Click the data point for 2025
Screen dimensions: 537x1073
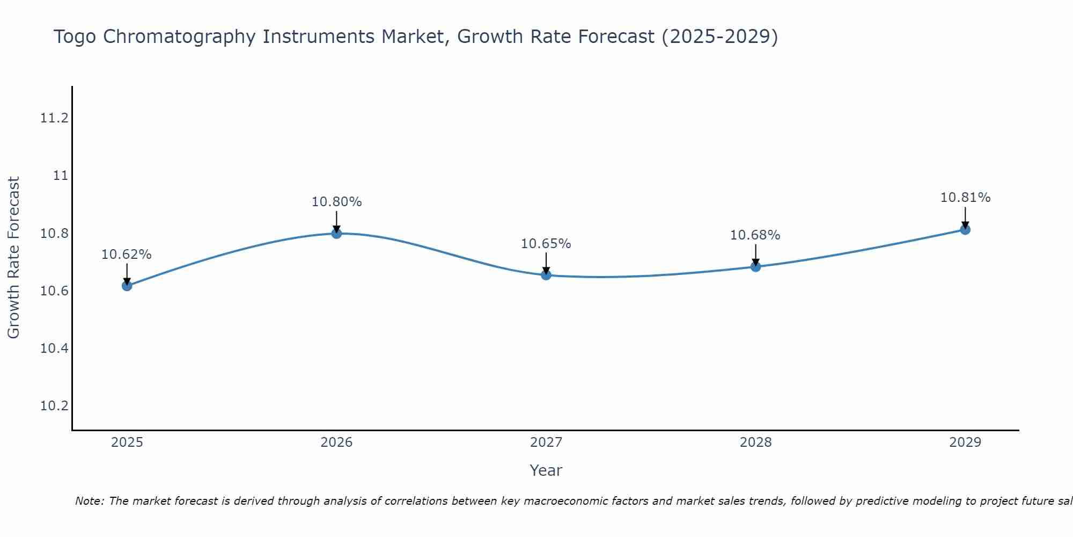[127, 286]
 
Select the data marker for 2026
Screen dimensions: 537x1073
[336, 233]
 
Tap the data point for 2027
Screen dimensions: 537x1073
[546, 275]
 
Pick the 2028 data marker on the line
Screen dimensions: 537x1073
[755, 266]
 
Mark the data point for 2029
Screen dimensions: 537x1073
[965, 230]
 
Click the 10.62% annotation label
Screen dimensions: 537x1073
[127, 255]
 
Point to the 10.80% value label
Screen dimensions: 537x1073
[336, 202]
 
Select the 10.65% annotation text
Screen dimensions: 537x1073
[546, 244]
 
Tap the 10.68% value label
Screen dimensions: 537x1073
[755, 235]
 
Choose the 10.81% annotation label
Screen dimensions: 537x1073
[965, 198]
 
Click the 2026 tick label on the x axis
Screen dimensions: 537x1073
[336, 442]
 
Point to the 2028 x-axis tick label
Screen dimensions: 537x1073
[755, 442]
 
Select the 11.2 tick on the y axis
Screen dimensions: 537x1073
[54, 118]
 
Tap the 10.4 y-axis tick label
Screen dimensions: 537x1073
[54, 349]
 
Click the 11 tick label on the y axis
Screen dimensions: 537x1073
[61, 176]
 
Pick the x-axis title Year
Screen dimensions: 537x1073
[546, 470]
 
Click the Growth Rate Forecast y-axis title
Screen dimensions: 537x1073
[13, 258]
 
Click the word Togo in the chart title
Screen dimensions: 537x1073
[75, 37]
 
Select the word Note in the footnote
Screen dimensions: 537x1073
[89, 501]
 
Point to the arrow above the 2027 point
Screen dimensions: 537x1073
[546, 263]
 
